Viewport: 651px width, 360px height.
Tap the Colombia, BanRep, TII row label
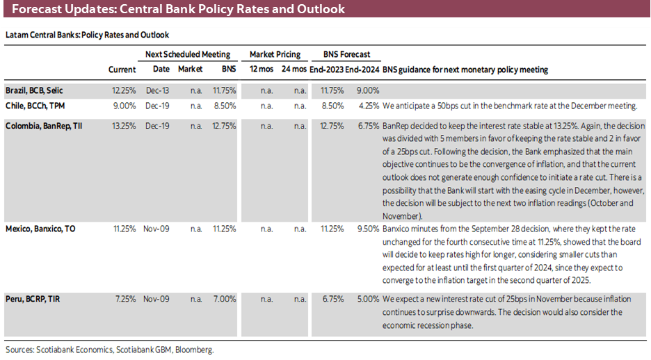pos(44,126)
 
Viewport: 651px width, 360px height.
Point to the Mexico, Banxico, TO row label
pos(40,228)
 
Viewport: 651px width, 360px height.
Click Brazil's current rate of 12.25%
pos(124,90)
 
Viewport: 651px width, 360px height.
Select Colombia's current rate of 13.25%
pos(124,126)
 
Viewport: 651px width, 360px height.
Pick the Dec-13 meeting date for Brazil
pos(161,90)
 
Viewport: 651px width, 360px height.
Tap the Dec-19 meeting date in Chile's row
pos(161,106)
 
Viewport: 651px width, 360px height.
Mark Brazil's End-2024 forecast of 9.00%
pos(367,90)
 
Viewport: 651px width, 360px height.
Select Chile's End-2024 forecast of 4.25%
pos(367,106)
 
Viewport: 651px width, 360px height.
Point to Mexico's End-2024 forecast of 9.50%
pos(367,228)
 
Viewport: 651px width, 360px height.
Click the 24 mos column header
pos(294,69)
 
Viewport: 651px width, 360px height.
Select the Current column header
pos(122,69)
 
